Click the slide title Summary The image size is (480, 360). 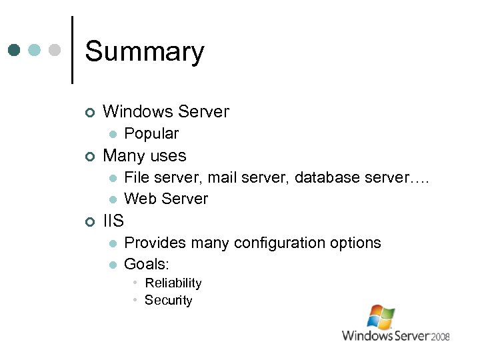pos(145,51)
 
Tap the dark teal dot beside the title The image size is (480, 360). pos(15,50)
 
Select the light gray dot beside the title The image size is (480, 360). pos(55,50)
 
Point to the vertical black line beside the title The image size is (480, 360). pos(71,50)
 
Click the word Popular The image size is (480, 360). pos(151,133)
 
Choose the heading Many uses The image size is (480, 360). pos(145,156)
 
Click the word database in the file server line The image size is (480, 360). pos(325,177)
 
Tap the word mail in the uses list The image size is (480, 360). pos(222,177)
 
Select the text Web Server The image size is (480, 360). pos(166,199)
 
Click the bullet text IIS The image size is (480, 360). pos(113,221)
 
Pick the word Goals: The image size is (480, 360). pos(147,264)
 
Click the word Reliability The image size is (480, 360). pos(173,283)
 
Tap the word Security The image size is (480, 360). pos(168,300)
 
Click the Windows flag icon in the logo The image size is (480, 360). pos(381,317)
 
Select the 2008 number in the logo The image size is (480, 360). pos(439,336)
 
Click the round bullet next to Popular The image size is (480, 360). pos(114,134)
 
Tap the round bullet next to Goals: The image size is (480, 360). pos(114,265)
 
